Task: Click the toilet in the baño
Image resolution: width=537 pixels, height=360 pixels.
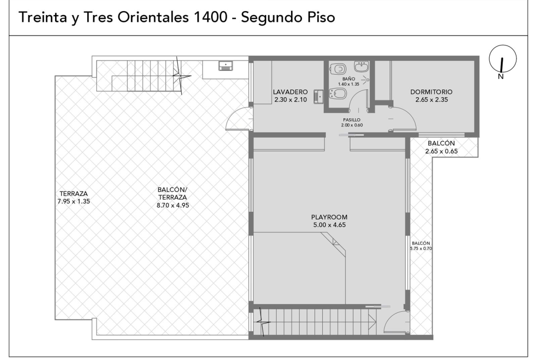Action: point(337,69)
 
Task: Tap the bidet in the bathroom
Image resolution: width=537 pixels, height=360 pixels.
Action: point(337,94)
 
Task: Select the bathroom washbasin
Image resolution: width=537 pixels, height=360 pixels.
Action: point(361,66)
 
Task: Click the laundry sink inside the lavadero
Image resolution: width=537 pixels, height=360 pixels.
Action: point(319,96)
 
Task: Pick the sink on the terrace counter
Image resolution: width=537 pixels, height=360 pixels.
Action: point(226,66)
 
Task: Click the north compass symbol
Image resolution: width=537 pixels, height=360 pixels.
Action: point(503,61)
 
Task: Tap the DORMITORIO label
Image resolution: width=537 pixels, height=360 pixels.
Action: point(431,92)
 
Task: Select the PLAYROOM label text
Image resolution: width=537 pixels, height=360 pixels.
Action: point(329,217)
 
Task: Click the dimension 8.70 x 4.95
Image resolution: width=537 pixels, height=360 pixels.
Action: point(173,205)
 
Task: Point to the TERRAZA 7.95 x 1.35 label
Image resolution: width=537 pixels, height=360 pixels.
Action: point(73,198)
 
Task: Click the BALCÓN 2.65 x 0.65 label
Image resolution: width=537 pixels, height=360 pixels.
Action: point(442,147)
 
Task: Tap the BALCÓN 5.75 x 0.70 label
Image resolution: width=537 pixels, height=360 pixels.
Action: point(421,246)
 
